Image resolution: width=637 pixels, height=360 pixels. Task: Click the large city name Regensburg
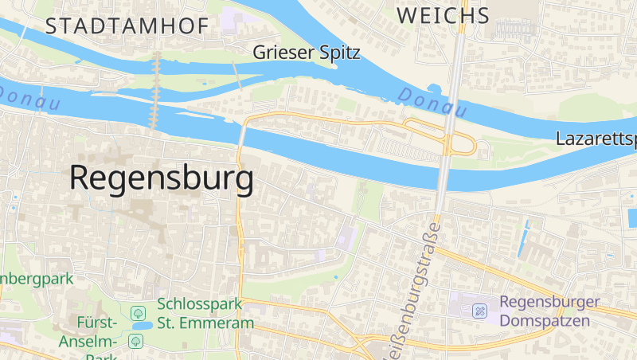coord(162,178)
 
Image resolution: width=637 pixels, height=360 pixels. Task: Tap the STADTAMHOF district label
coord(127,26)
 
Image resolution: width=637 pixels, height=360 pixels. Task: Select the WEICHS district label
coord(443,15)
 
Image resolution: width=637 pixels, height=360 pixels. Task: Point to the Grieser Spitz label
coord(307,53)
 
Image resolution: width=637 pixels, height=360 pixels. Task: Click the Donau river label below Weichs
coord(431,101)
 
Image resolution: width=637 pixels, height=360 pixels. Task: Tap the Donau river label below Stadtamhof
coord(30,97)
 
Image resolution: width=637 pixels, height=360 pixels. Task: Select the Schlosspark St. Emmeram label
coord(205,313)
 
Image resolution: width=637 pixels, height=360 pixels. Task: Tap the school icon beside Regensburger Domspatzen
coord(480,311)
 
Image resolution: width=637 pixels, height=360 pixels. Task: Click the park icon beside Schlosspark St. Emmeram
coord(138,311)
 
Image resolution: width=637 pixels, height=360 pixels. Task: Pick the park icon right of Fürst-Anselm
coord(135,341)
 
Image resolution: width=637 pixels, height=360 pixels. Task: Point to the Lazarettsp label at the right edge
coord(596,139)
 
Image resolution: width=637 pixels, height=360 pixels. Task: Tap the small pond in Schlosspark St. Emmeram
coord(143,326)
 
